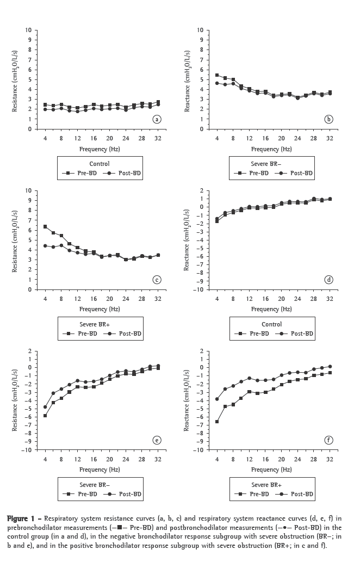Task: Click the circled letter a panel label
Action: click(157, 119)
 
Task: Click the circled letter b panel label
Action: click(329, 119)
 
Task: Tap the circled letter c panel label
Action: click(157, 280)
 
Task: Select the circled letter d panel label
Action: click(329, 280)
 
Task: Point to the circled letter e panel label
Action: click(157, 440)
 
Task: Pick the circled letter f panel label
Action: click(329, 440)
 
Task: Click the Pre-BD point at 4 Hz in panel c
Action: click(45, 226)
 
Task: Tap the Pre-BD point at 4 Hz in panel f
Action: click(218, 422)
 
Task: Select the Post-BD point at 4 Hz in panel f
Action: click(218, 399)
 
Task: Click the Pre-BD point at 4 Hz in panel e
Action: click(45, 416)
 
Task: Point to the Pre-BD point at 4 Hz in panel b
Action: click(218, 75)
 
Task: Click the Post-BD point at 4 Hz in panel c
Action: click(45, 246)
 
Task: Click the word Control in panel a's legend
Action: click(99, 164)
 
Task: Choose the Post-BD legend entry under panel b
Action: click(296, 173)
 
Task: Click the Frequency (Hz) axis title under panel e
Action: click(100, 469)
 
